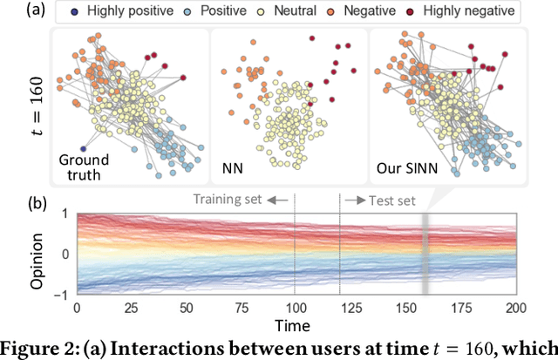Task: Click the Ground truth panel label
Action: (x=83, y=166)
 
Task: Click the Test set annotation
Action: (x=384, y=200)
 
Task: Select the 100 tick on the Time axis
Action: (x=296, y=309)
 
